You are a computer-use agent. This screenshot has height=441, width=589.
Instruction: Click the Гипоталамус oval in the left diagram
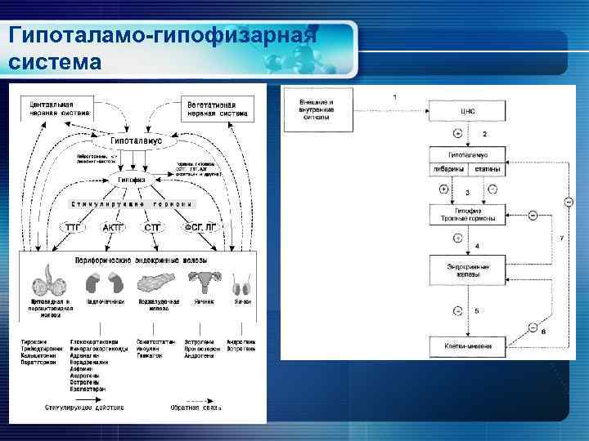pyautogui.click(x=131, y=140)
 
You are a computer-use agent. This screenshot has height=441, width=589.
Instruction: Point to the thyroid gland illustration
pyautogui.click(x=48, y=282)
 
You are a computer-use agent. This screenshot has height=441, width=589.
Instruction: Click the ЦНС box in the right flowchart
pyautogui.click(x=469, y=110)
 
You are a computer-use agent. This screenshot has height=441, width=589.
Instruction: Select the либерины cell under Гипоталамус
pyautogui.click(x=450, y=168)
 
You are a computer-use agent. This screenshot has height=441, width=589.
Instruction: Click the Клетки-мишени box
pyautogui.click(x=469, y=345)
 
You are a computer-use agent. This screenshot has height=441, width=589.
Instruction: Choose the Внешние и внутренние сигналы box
pyautogui.click(x=319, y=109)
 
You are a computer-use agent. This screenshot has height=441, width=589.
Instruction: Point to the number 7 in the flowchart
pyautogui.click(x=560, y=238)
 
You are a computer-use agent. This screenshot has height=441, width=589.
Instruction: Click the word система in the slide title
pyautogui.click(x=56, y=62)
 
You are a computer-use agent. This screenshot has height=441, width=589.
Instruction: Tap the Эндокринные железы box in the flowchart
pyautogui.click(x=469, y=270)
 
